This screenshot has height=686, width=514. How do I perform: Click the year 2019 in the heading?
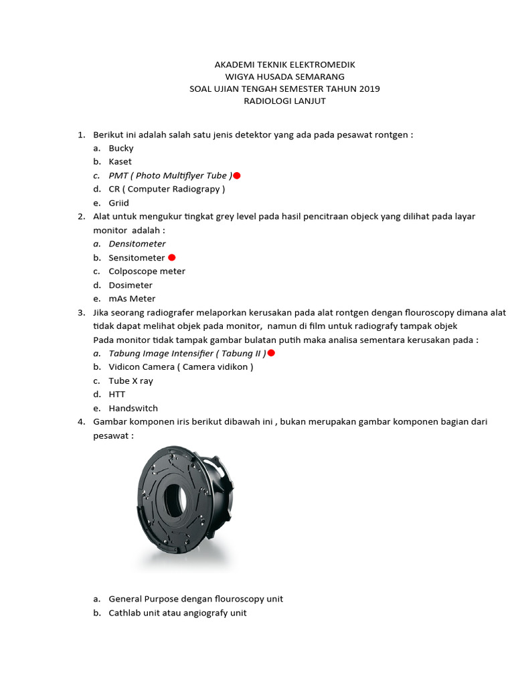click(x=369, y=89)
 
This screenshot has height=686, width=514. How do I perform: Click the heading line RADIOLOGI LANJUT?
click(x=284, y=101)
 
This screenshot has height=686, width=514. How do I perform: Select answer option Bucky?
click(x=121, y=148)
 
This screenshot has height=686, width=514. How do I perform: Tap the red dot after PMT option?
click(x=237, y=176)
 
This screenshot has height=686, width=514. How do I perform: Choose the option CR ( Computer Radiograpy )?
click(x=167, y=189)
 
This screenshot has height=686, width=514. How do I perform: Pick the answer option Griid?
click(x=119, y=203)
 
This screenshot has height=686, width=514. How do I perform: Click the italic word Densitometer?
click(x=137, y=244)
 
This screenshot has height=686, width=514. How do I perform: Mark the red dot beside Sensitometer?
click(x=172, y=257)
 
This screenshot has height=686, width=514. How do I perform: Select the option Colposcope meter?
click(x=147, y=271)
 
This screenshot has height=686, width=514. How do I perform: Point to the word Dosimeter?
click(x=131, y=285)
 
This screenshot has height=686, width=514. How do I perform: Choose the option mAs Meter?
click(x=132, y=299)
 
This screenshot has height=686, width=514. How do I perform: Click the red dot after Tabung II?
click(x=271, y=353)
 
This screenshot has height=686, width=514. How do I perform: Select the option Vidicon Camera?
click(x=181, y=367)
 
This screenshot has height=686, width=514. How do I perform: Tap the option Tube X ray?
click(x=131, y=381)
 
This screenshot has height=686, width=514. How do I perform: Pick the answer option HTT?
click(x=117, y=394)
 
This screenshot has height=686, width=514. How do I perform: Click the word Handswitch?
click(x=133, y=408)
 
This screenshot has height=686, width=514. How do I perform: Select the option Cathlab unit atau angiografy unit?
click(x=177, y=612)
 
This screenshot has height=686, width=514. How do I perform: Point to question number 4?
click(x=81, y=422)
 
